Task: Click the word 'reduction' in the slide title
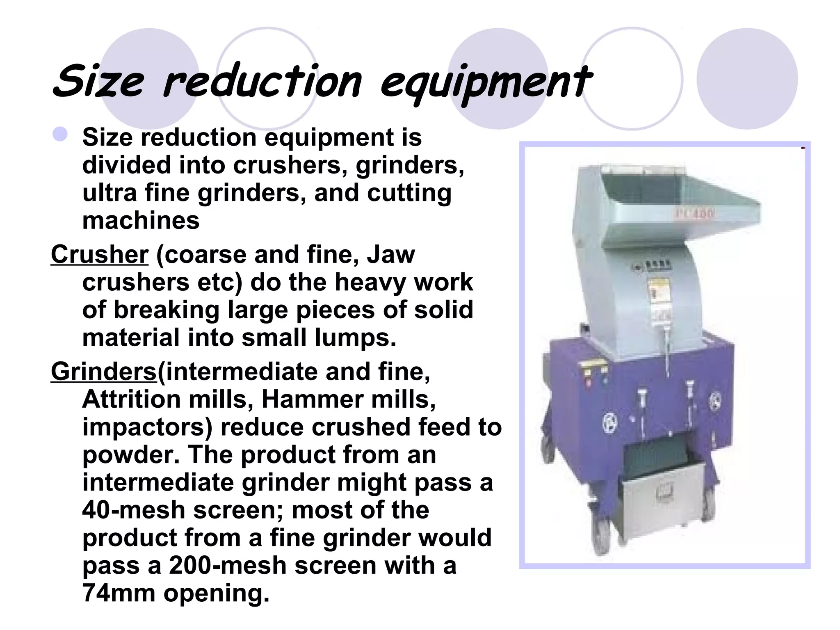(262, 82)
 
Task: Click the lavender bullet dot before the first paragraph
(60, 134)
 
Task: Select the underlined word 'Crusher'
(99, 255)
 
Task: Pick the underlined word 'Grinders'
(104, 372)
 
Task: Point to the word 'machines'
(141, 221)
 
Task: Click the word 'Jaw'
(390, 255)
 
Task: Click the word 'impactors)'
(147, 427)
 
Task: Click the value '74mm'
(119, 593)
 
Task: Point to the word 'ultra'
(109, 193)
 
